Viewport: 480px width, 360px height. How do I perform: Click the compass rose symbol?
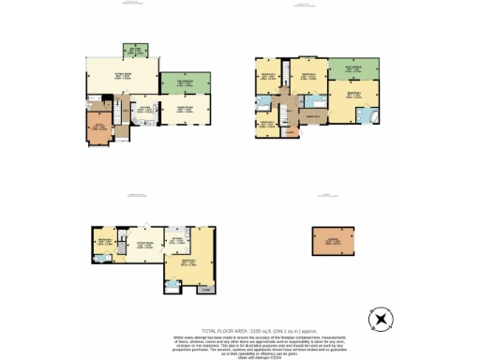click(380, 320)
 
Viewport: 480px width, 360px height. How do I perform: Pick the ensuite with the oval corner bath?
click(371, 115)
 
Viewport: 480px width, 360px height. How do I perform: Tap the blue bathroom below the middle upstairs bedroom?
click(310, 97)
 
